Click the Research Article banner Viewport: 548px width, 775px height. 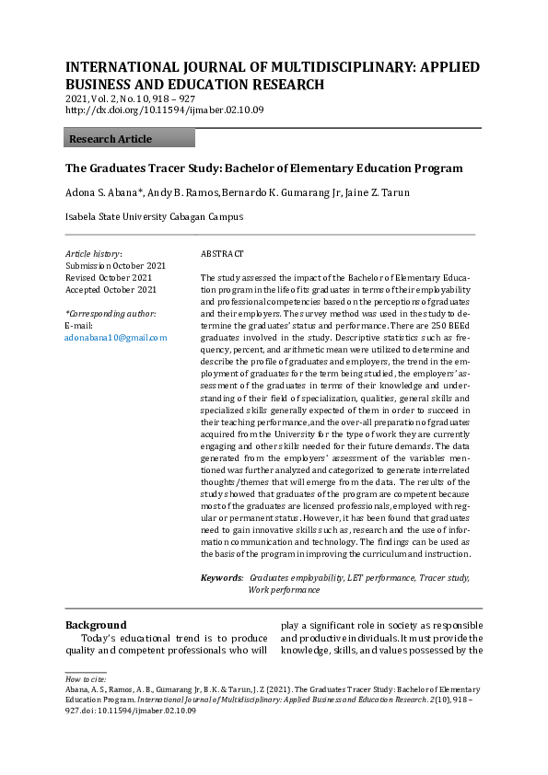click(x=129, y=139)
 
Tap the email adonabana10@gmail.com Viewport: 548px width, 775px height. click(x=116, y=338)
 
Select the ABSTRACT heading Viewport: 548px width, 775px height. click(x=222, y=253)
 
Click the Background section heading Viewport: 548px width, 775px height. click(x=96, y=625)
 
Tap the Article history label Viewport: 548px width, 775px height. click(x=93, y=253)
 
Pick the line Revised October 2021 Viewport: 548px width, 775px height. click(x=109, y=277)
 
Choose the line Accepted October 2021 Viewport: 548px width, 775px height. click(x=111, y=289)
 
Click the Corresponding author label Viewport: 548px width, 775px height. click(x=111, y=314)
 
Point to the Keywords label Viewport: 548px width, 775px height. click(x=222, y=578)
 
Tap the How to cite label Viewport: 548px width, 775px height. click(x=86, y=679)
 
